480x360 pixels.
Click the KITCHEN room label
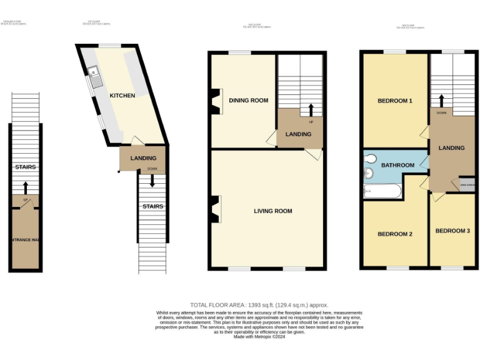pos(122,96)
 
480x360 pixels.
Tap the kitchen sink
pos(96,78)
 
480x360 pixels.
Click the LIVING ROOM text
pos(273,211)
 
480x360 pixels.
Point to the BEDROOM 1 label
pos(394,101)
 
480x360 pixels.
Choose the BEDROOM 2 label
pos(394,234)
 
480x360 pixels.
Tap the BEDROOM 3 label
pos(452,231)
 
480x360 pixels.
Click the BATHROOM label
pos(398,166)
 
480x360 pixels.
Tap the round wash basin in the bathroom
pos(368,172)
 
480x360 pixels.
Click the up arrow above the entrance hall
pos(26,187)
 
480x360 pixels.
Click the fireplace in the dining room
pos(216,101)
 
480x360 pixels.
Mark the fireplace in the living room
pos(216,209)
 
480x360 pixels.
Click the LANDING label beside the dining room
pos(298,134)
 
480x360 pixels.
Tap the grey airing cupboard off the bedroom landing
pos(467,184)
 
